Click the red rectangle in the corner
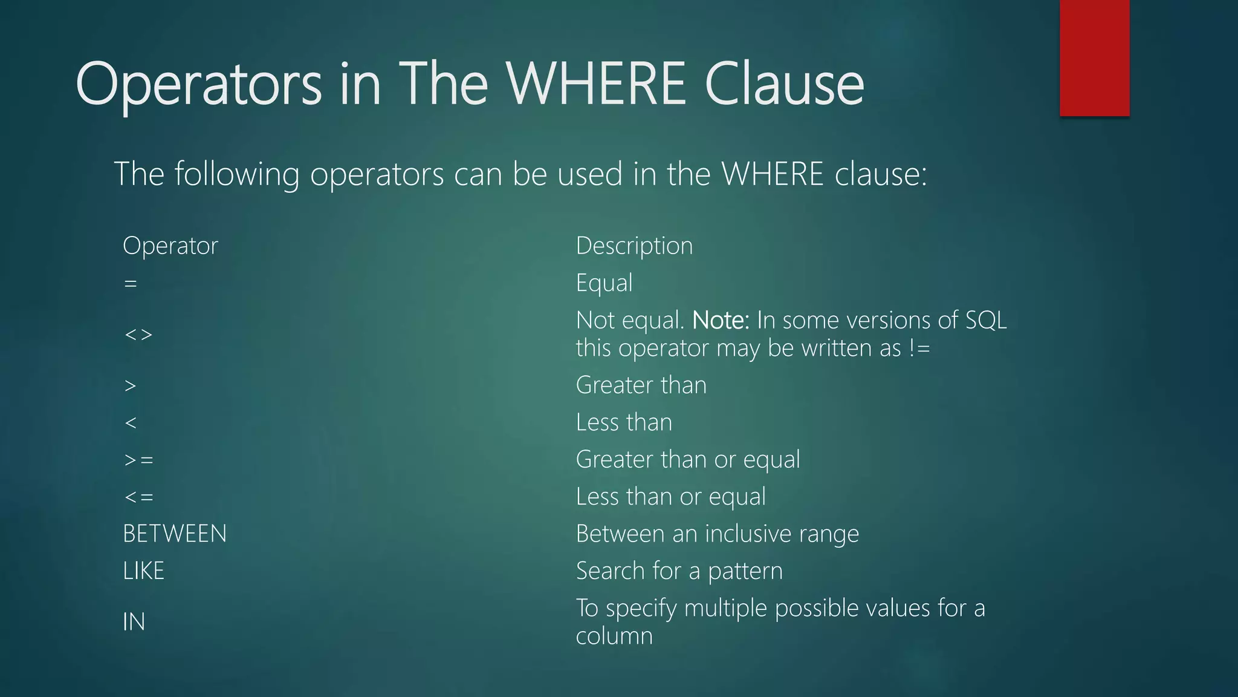1094,57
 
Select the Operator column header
170,246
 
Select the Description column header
634,246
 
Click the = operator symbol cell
131,283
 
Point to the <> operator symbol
138,335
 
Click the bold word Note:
721,320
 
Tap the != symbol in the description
919,348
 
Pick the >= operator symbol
138,460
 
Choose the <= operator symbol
138,497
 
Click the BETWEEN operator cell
175,534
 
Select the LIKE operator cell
143,571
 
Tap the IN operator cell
134,622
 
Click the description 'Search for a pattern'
679,571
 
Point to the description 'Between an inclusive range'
717,534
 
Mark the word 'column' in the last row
614,636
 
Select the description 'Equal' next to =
604,283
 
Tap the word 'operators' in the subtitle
377,174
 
